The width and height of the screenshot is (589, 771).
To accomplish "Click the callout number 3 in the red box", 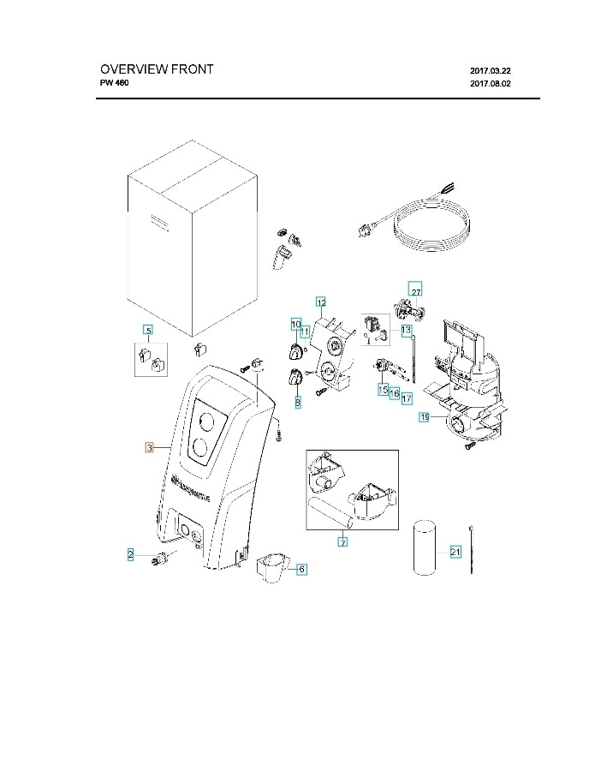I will click(149, 447).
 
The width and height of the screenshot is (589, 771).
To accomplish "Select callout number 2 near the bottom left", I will click(131, 554).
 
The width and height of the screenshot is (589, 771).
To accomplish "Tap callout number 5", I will click(147, 331).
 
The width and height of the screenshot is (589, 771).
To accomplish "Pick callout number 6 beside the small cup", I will click(300, 568).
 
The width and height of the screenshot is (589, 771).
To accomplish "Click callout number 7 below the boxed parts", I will click(342, 542).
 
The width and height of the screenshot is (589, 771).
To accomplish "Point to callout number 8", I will click(297, 402).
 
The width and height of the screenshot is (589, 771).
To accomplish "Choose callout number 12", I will click(321, 302).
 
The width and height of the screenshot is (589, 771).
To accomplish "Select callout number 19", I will click(424, 417).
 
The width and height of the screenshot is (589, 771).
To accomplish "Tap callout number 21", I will click(455, 551).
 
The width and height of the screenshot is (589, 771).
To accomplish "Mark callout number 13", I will click(406, 330).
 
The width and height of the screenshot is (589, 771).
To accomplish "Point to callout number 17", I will click(407, 398).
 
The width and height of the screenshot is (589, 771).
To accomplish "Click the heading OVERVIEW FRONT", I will click(157, 69).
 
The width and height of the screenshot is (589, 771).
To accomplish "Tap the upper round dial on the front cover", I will click(206, 420).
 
